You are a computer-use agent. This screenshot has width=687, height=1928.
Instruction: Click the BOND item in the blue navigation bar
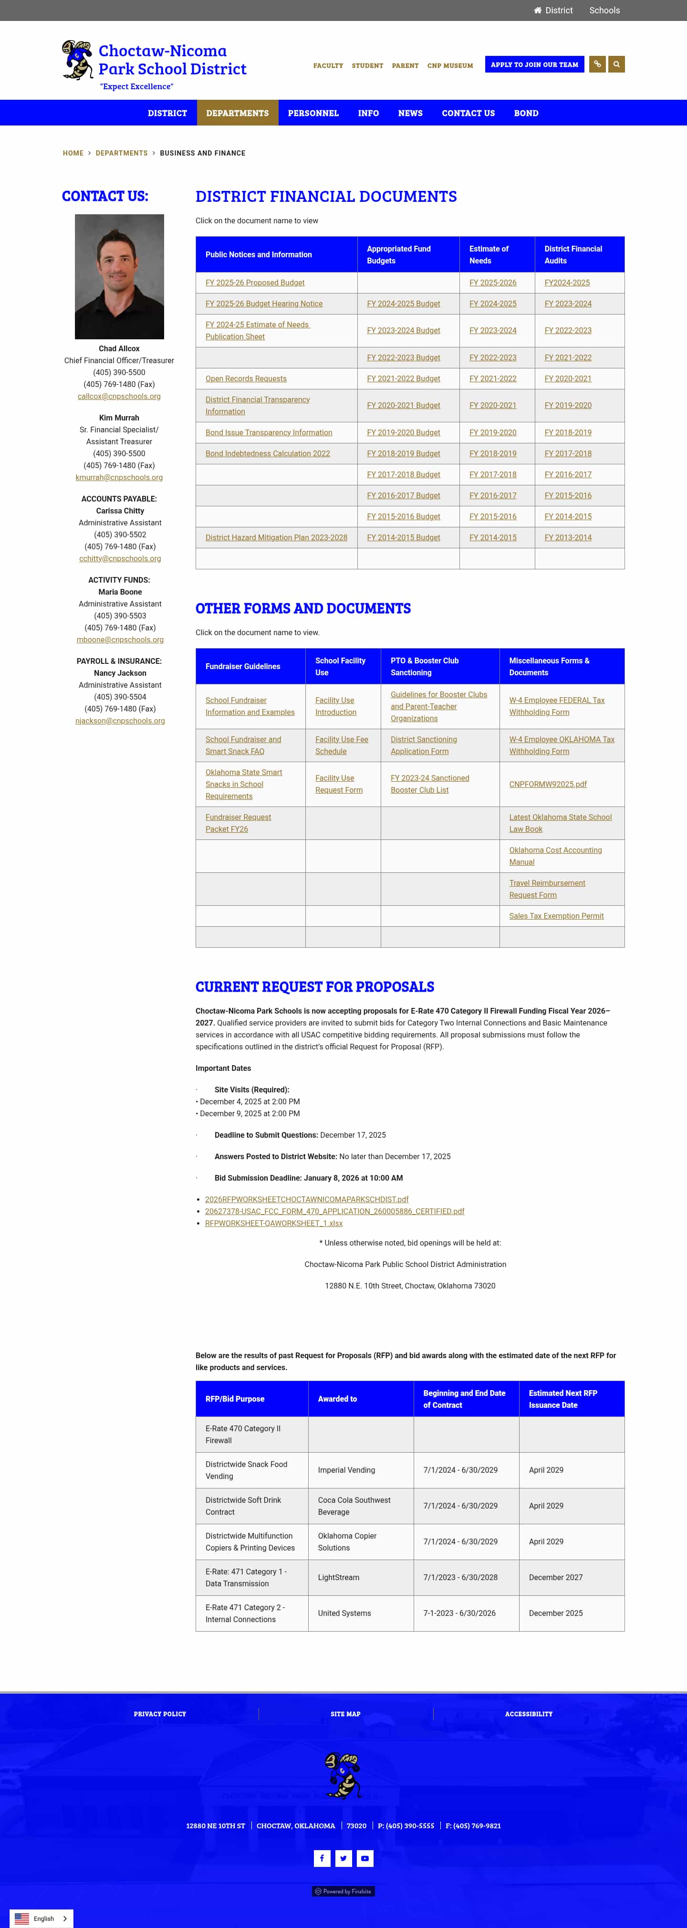point(525,113)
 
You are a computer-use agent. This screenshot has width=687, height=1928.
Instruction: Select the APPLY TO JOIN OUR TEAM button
point(534,64)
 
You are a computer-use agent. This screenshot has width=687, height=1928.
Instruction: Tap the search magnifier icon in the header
point(616,64)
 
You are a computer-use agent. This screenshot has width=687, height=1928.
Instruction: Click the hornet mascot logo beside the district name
point(77,60)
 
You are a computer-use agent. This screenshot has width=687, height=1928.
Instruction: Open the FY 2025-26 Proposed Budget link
point(254,283)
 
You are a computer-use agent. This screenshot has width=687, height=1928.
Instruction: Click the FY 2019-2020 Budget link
point(403,432)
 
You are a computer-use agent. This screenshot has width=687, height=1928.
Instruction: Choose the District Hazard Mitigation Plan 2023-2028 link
point(276,537)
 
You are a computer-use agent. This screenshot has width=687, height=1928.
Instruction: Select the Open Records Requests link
point(246,379)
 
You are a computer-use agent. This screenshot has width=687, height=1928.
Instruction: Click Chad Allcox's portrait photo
point(119,276)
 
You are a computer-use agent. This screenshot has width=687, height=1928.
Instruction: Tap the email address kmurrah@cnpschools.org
point(119,478)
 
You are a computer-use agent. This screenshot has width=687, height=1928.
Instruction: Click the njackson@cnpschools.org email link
point(120,721)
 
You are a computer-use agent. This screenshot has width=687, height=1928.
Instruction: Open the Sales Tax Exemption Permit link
point(556,916)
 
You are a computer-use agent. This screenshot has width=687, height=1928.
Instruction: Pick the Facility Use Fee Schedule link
point(341,745)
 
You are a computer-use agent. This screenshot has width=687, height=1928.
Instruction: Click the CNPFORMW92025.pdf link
point(548,785)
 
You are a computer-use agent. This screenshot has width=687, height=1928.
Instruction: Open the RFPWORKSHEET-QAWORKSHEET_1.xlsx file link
point(274,1223)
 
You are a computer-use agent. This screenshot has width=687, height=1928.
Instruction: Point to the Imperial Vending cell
point(346,1470)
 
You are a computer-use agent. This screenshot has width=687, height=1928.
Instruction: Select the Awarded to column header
point(337,1399)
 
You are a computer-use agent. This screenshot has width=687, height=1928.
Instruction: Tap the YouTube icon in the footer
point(364,1858)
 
